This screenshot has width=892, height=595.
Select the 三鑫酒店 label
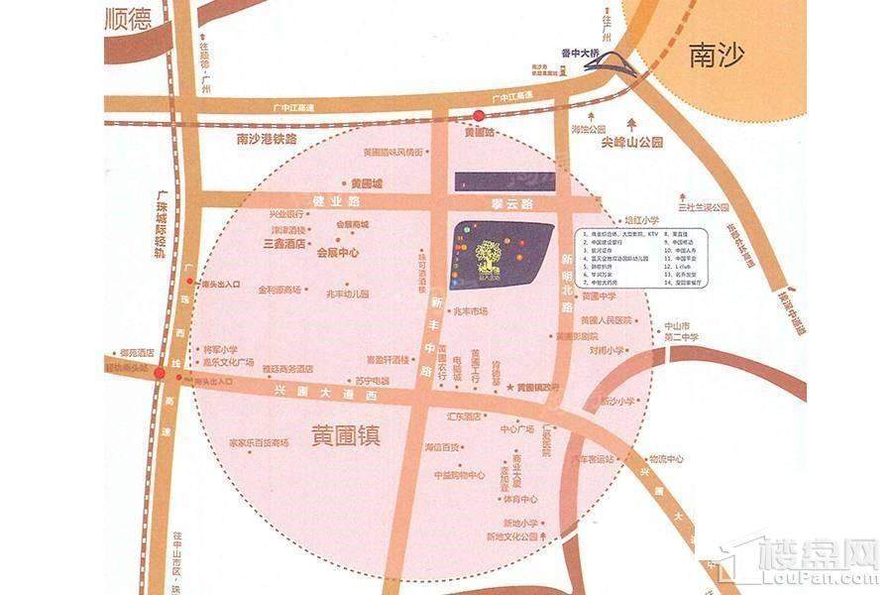point(282,241)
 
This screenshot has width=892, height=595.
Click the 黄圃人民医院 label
point(606,320)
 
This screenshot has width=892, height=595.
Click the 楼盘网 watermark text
point(815,553)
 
